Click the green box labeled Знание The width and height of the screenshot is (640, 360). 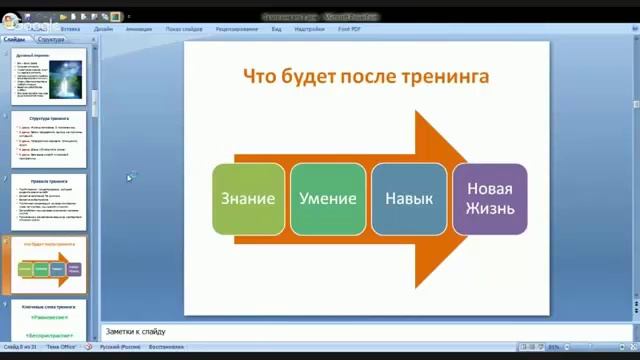249,198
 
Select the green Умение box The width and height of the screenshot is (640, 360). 327,198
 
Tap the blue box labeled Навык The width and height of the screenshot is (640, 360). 408,198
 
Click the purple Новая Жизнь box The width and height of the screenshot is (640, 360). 489,198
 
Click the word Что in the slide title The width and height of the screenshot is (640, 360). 263,76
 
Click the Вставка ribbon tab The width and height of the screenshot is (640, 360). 70,29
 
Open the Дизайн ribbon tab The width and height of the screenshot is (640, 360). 103,29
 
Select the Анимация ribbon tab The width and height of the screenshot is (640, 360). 139,29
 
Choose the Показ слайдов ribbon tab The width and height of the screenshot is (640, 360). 184,29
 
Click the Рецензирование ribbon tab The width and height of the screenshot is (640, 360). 236,29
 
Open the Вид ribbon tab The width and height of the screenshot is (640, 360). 276,29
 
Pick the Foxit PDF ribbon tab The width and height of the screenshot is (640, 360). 350,29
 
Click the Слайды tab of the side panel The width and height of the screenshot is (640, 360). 15,40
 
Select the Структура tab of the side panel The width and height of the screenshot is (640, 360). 51,40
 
